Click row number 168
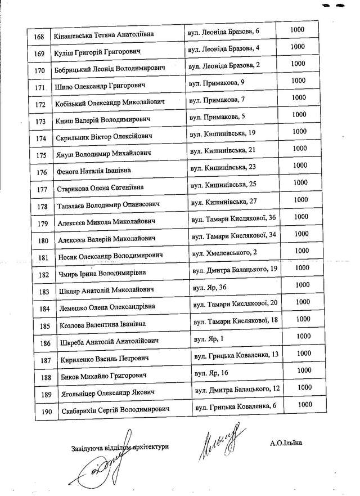click(x=39, y=37)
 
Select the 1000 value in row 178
click(x=301, y=200)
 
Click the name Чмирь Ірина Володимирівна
click(x=101, y=274)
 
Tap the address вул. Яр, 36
click(x=210, y=288)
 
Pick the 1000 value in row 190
click(x=305, y=405)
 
